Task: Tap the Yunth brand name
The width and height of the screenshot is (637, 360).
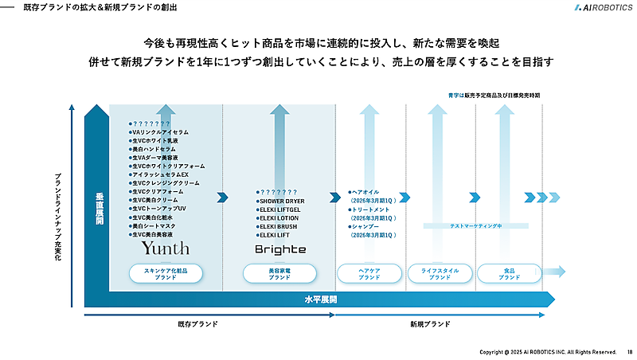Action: [x=165, y=248]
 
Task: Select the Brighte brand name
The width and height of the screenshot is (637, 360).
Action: [x=279, y=249]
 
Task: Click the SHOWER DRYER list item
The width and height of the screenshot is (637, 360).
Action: [x=283, y=202]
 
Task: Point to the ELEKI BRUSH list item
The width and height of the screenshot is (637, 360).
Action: [x=278, y=227]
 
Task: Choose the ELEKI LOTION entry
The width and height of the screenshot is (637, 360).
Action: [x=278, y=218]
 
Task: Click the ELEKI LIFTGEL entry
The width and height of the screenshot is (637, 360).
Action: [x=279, y=209]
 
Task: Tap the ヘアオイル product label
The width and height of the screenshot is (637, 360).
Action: [x=369, y=192]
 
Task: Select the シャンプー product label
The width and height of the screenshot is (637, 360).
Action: [x=370, y=227]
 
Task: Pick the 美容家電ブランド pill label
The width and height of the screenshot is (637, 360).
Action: [x=279, y=274]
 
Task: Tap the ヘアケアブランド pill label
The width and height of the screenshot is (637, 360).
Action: [x=369, y=274]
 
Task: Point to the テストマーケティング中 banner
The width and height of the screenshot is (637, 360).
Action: [x=475, y=226]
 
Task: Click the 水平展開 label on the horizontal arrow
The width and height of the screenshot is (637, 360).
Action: [x=320, y=299]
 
